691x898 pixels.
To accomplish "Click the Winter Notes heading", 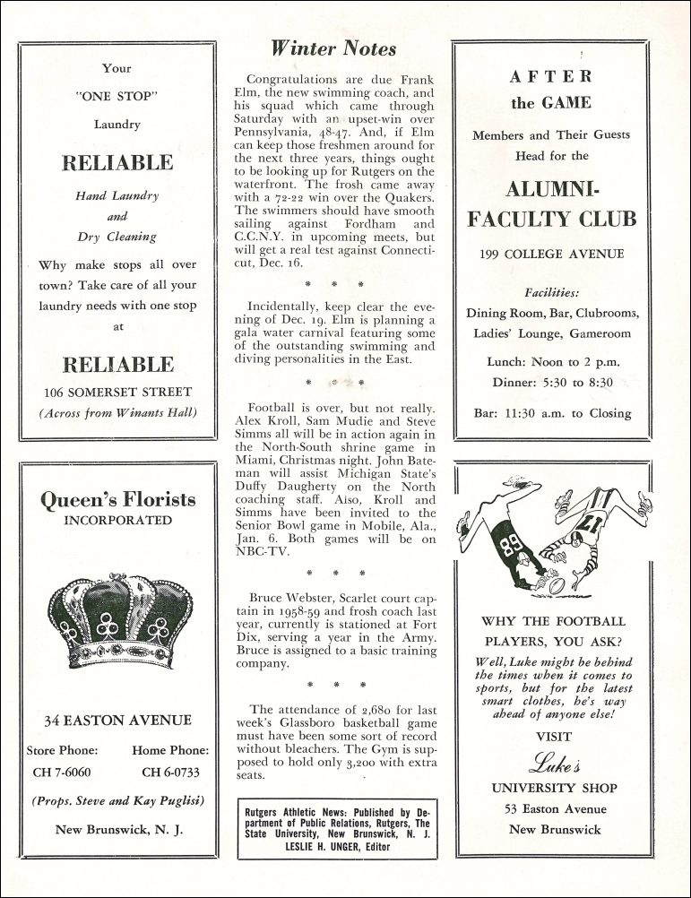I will pyautogui.click(x=333, y=47).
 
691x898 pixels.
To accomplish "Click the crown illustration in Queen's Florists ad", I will pyautogui.click(x=118, y=619).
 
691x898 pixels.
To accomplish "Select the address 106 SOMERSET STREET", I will pyautogui.click(x=118, y=392).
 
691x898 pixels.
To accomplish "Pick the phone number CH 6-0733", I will pyautogui.click(x=170, y=772).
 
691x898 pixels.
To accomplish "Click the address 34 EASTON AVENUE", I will pyautogui.click(x=118, y=720).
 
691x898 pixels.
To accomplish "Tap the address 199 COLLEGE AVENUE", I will pyautogui.click(x=551, y=254).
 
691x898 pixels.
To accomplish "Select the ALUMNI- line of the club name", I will pyautogui.click(x=551, y=190).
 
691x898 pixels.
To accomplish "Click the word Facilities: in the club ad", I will pyautogui.click(x=551, y=292).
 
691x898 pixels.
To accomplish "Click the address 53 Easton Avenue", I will pyautogui.click(x=553, y=809).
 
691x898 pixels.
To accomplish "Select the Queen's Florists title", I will pyautogui.click(x=118, y=500).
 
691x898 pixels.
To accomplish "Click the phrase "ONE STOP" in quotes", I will pyautogui.click(x=118, y=97).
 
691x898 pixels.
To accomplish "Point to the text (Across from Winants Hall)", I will pyautogui.click(x=118, y=412).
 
